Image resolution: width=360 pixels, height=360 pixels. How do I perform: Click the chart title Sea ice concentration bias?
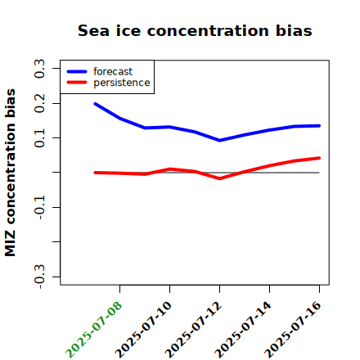pyautogui.click(x=195, y=30)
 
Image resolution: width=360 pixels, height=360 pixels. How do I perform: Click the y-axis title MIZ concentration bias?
pyautogui.click(x=11, y=173)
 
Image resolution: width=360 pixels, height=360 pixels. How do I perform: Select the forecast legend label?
pyautogui.click(x=113, y=71)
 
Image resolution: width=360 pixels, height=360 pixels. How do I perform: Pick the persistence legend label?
pyautogui.click(x=122, y=83)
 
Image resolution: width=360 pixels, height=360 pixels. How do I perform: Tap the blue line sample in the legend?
pyautogui.click(x=77, y=72)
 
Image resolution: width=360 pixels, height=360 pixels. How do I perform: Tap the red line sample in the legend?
pyautogui.click(x=77, y=83)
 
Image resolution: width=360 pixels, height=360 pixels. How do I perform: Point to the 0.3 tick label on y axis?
pyautogui.click(x=39, y=69)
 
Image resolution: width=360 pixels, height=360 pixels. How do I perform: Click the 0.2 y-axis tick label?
pyautogui.click(x=39, y=103)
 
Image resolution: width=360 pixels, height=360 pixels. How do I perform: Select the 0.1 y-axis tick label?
pyautogui.click(x=39, y=138)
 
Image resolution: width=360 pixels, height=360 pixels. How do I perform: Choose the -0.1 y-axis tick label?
pyautogui.click(x=39, y=208)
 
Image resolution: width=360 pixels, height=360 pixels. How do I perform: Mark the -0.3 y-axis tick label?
pyautogui.click(x=39, y=277)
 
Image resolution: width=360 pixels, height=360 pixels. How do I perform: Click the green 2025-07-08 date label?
pyautogui.click(x=93, y=330)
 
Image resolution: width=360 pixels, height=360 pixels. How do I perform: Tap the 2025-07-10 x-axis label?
pyautogui.click(x=143, y=330)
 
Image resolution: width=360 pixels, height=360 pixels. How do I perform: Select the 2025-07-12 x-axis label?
pyautogui.click(x=193, y=330)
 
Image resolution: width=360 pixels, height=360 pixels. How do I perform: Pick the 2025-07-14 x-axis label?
pyautogui.click(x=243, y=330)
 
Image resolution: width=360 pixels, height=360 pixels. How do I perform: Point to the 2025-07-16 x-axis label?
pyautogui.click(x=293, y=330)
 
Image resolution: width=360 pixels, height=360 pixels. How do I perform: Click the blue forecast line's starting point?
pyautogui.click(x=95, y=104)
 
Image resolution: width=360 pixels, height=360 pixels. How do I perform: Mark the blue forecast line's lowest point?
pyautogui.click(x=219, y=141)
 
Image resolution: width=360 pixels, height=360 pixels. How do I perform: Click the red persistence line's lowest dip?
pyautogui.click(x=219, y=178)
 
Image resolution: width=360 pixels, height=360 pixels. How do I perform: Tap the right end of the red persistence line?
pyautogui.click(x=319, y=158)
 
